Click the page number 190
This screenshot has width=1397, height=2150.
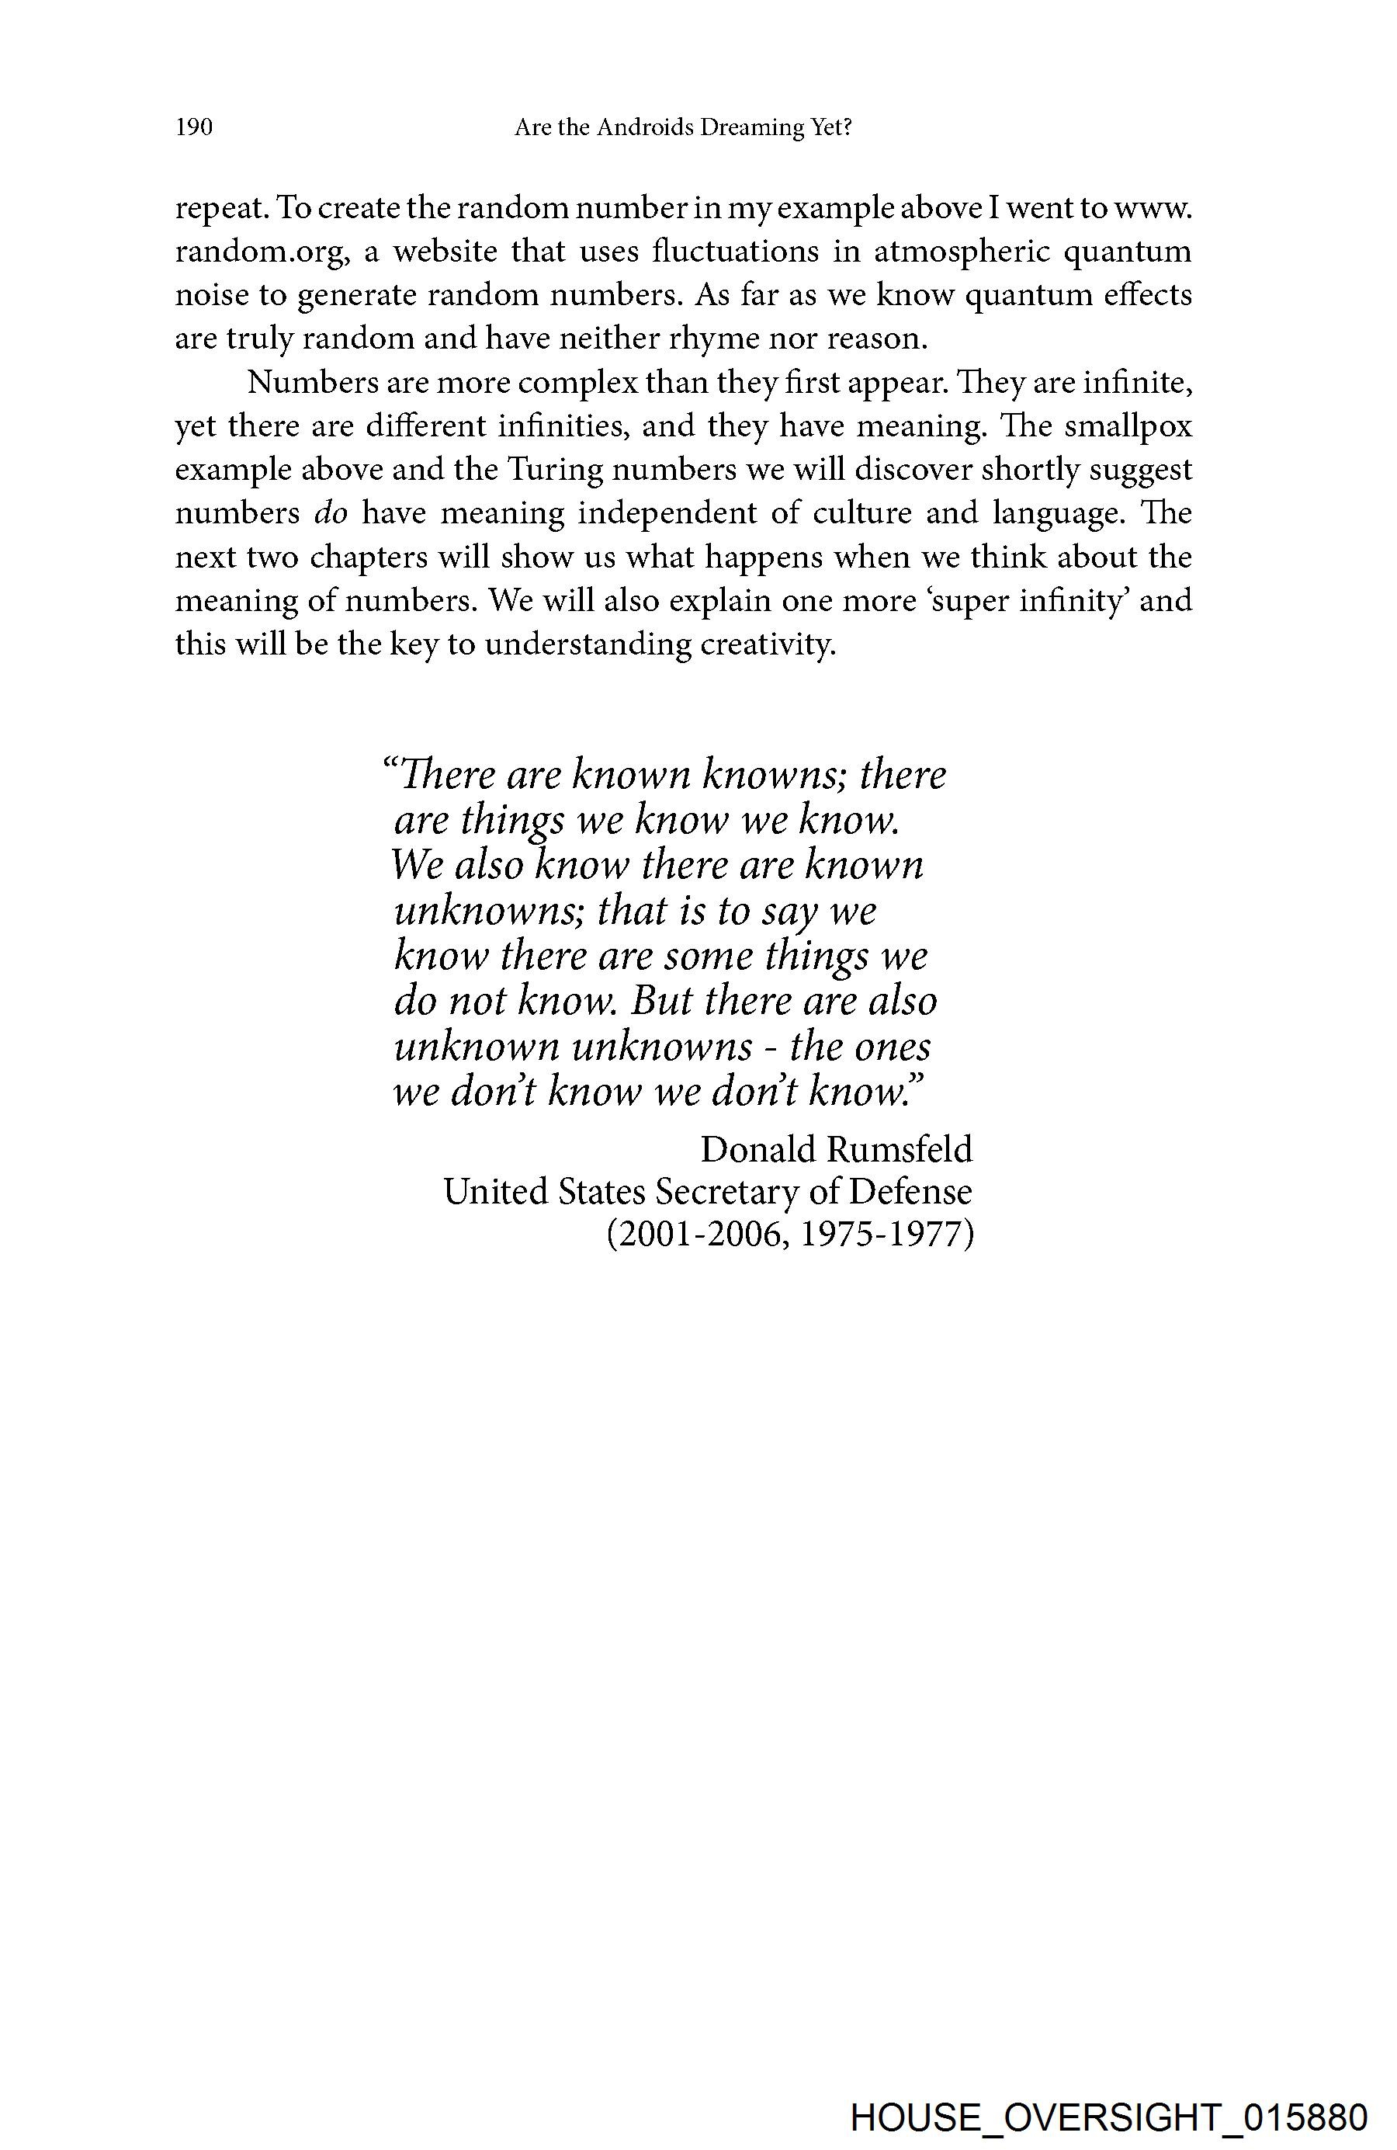[194, 127]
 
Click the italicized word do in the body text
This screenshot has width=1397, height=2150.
[331, 513]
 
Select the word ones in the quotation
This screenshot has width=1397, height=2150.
[895, 1047]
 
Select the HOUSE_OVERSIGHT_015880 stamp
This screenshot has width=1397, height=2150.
[1109, 2116]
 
